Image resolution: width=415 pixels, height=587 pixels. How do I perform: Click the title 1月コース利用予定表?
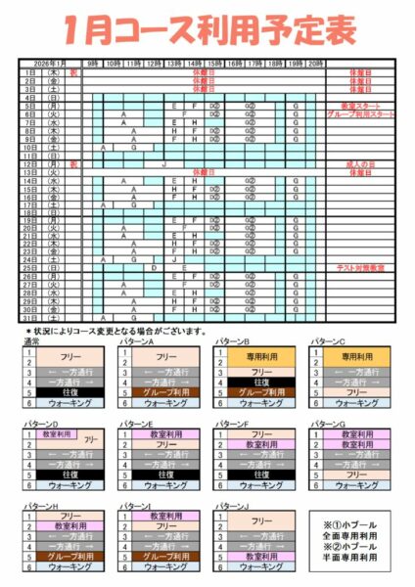(207, 30)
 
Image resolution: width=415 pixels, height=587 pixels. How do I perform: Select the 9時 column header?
(92, 63)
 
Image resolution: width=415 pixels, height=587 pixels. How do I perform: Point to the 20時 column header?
(315, 63)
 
